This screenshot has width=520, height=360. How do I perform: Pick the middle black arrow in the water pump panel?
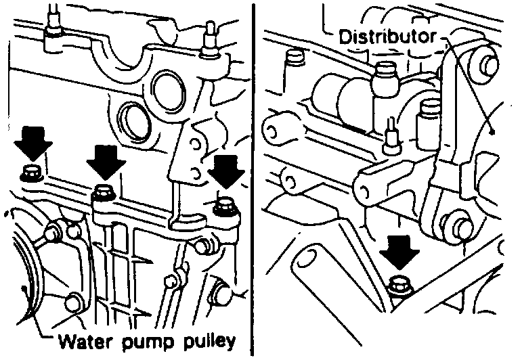(105, 161)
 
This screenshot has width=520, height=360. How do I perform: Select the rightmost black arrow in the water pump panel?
(223, 171)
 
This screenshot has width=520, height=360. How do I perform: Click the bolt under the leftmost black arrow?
(30, 173)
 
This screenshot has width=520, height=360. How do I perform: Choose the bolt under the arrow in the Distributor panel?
(399, 286)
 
